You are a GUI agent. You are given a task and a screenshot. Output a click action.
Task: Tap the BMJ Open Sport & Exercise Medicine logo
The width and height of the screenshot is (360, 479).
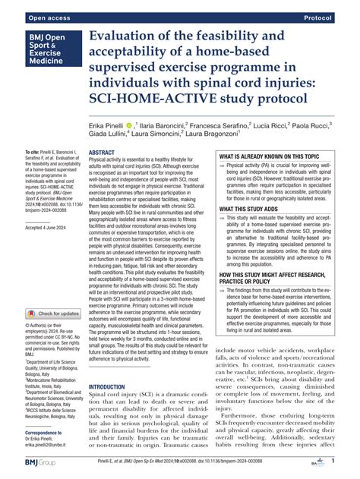tap(46, 53)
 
